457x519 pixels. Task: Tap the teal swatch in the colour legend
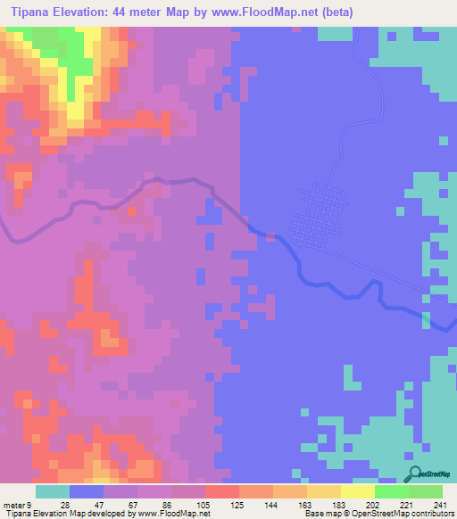[x=53, y=491]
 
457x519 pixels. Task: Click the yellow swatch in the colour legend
[x=357, y=491]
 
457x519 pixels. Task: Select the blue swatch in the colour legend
[x=87, y=491]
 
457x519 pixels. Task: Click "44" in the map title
[x=134, y=12]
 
